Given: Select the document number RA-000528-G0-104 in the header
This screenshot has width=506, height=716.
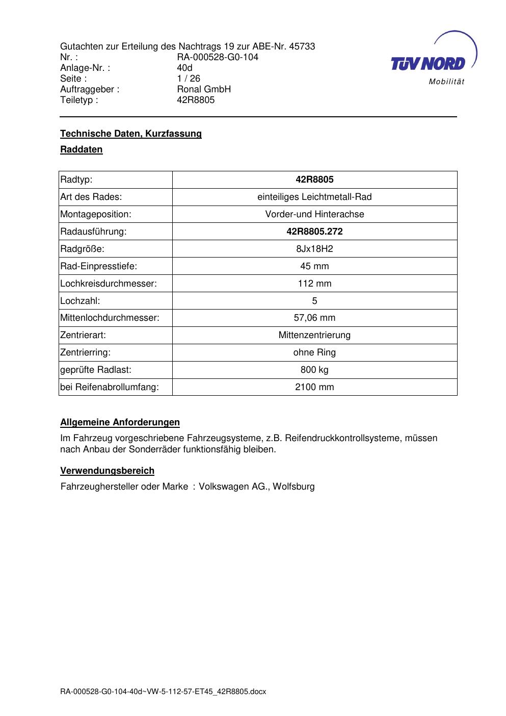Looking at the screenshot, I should (217, 57).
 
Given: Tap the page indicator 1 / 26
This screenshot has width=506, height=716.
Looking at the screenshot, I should (189, 79).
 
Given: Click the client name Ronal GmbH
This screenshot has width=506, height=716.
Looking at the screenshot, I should (204, 89).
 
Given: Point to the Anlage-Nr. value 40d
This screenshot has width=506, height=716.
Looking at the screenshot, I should (184, 68).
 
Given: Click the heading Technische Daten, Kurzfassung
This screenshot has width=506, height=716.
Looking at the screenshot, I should (131, 134).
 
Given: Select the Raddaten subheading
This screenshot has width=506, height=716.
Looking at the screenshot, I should (82, 149).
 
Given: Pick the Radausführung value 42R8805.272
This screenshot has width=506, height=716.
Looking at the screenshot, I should (314, 232).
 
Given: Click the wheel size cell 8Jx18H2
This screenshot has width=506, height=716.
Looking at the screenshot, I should (314, 249).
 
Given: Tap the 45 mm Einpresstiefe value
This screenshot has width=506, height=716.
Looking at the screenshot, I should (314, 266).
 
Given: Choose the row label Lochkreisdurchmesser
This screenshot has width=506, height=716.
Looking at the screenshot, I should (109, 284).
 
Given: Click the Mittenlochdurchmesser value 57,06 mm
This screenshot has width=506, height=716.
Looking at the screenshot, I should (314, 318).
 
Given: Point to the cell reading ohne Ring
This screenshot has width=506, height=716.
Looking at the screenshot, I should (314, 352).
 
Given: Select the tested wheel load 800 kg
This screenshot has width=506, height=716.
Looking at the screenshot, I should (314, 370).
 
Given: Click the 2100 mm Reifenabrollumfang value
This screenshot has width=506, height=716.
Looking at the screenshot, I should (314, 387).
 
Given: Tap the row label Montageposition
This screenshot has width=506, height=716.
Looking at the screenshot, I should (96, 214).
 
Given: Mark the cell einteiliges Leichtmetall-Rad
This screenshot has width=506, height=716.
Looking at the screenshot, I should (314, 197).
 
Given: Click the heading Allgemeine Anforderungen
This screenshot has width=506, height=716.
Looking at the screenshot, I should (120, 422).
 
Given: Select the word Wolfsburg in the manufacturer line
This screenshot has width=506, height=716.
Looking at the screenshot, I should (294, 487).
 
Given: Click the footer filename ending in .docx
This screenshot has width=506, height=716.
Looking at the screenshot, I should (163, 692).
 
